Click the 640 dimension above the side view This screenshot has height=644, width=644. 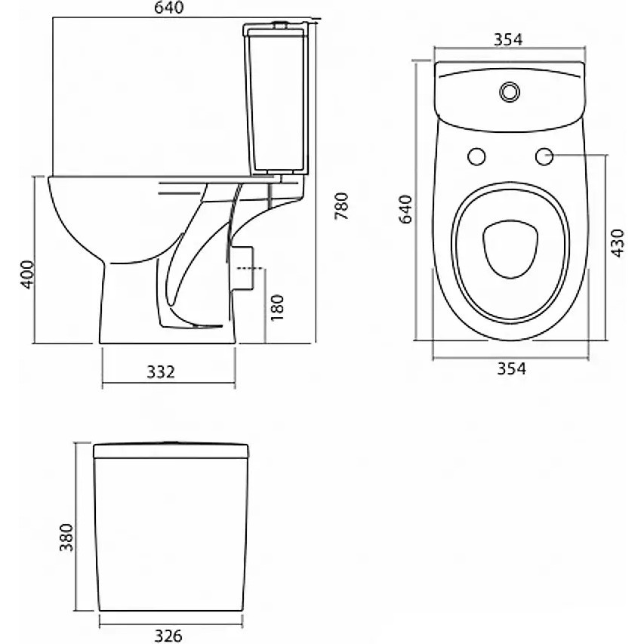(x=169, y=8)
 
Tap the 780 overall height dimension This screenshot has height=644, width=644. (x=342, y=206)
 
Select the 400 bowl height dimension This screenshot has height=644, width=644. (x=27, y=274)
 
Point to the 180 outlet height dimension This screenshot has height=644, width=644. (x=278, y=307)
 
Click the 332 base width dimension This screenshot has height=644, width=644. (x=161, y=371)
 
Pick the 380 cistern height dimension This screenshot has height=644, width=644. (x=66, y=538)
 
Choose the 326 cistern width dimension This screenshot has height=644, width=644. (x=168, y=636)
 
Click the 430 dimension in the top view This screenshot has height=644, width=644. (x=618, y=243)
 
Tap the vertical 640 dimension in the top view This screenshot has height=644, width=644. (x=405, y=209)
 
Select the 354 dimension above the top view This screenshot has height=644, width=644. (x=508, y=39)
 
